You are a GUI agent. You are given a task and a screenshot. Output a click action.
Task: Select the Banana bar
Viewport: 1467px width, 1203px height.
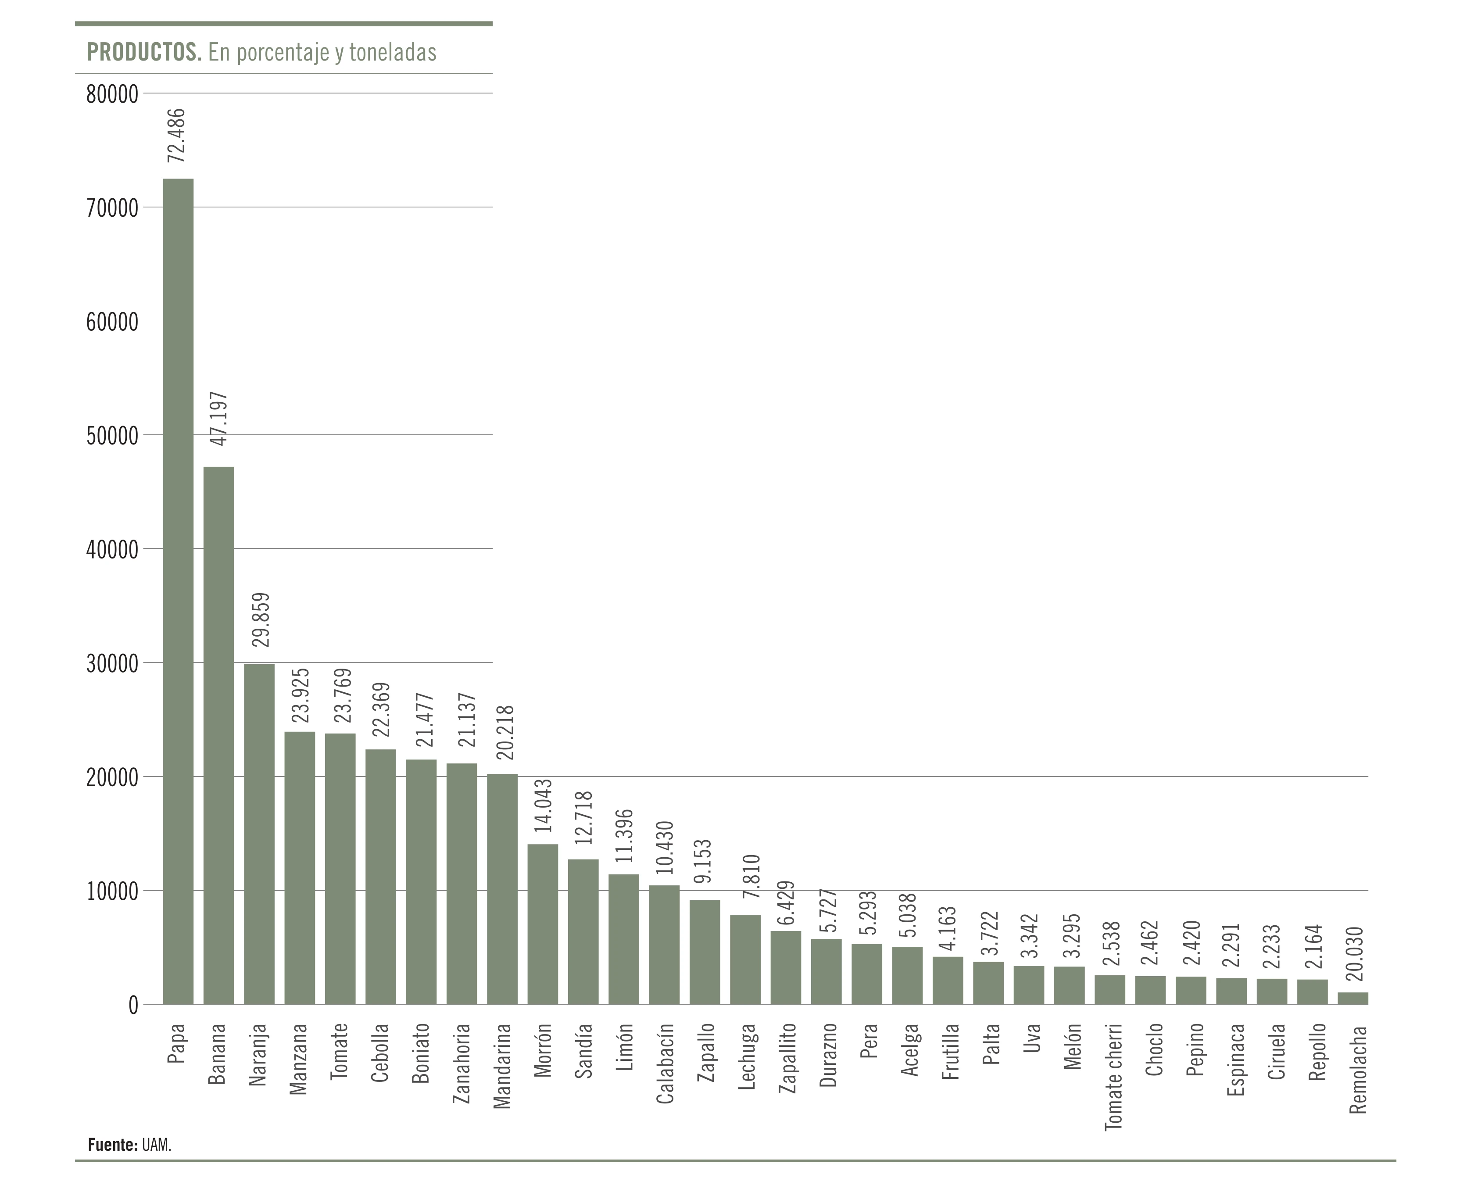tap(218, 734)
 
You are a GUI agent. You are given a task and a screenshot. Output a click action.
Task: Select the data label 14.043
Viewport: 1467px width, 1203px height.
tap(543, 805)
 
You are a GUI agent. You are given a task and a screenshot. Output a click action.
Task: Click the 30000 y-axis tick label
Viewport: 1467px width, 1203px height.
tap(112, 663)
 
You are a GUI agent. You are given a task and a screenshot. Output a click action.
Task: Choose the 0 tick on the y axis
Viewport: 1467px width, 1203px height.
tap(133, 1005)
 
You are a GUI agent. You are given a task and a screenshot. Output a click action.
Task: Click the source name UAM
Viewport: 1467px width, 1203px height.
tap(157, 1145)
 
